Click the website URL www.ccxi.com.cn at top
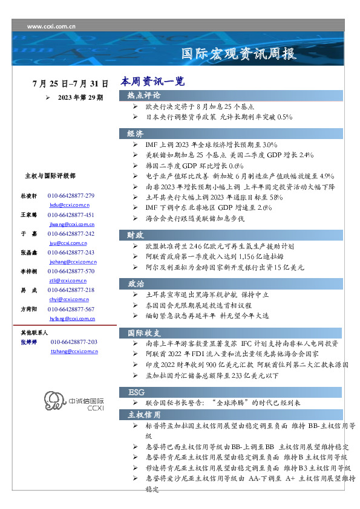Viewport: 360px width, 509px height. click(51, 26)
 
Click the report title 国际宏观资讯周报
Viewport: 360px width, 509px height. click(239, 54)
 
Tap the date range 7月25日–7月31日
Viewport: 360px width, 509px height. click(71, 83)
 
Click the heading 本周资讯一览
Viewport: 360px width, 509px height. click(152, 82)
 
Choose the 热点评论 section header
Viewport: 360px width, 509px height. click(144, 96)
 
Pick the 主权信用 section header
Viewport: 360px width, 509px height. click(144, 415)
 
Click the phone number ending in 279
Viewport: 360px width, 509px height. click(71, 196)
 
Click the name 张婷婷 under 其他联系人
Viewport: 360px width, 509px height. click(29, 342)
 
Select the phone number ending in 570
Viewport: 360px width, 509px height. click(71, 271)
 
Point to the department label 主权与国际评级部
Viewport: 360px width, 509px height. click(50, 176)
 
